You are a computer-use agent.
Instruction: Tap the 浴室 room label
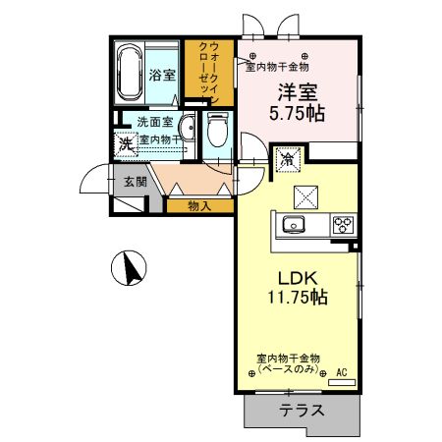point(162,75)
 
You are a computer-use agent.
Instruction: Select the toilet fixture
point(217,130)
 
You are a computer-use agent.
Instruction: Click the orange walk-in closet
point(207,73)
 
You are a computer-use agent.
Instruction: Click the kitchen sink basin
point(294,225)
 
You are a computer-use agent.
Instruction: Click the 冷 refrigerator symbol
point(289,157)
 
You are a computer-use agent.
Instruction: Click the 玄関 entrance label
point(135,181)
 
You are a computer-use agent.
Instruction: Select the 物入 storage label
point(198,205)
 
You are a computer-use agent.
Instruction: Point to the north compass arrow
point(129,266)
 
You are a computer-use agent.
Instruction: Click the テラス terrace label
point(300,411)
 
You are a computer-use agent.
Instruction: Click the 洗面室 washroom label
point(155,123)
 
